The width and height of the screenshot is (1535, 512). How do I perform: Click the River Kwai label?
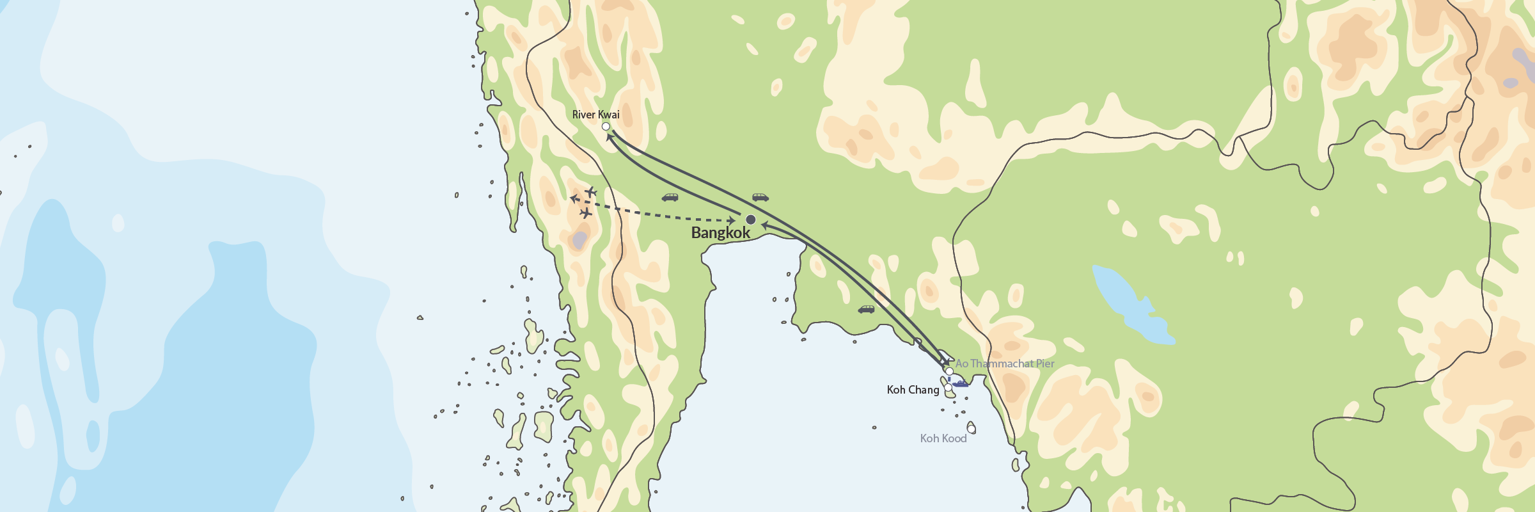(595, 115)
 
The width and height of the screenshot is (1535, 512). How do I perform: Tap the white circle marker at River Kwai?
(606, 127)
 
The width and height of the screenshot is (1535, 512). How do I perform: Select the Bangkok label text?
(720, 233)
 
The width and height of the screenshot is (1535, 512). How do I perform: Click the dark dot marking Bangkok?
(751, 220)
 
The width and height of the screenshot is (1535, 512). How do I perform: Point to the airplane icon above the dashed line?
(591, 191)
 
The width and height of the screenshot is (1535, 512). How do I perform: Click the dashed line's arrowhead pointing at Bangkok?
(732, 221)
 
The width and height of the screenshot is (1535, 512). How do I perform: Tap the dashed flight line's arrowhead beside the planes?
(574, 198)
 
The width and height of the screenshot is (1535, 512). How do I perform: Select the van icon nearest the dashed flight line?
(670, 198)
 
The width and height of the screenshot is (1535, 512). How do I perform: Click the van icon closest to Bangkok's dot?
(760, 197)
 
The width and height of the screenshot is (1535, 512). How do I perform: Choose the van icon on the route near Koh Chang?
(866, 310)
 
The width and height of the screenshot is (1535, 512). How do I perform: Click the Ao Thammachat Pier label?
(1005, 364)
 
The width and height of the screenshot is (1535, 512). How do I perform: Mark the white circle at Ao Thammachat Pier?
(950, 372)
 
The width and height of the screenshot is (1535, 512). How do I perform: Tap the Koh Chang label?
(913, 390)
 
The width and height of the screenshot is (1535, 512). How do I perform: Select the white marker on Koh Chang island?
(948, 388)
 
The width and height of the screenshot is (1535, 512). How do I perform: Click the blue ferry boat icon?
(960, 383)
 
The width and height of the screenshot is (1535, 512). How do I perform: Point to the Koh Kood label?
(943, 438)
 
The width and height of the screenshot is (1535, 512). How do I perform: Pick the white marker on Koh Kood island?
(971, 428)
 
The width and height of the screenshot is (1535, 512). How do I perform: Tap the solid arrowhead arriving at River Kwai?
(610, 136)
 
